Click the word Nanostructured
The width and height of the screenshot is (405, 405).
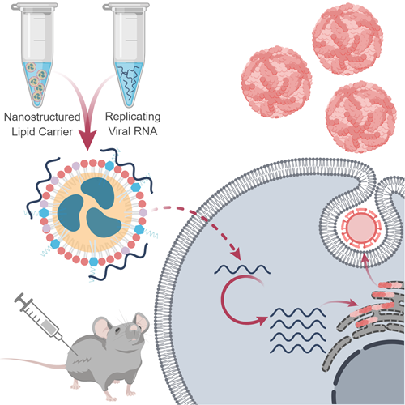point(42,117)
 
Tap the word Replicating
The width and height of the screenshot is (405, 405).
point(133,117)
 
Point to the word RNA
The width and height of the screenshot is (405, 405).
point(146,131)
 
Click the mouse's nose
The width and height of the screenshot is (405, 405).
point(134,328)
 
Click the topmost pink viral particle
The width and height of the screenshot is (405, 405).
point(347,40)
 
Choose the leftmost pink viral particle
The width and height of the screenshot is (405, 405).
point(276,82)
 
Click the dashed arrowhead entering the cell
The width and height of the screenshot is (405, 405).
point(235,254)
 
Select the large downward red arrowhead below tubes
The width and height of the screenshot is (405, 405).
point(87,139)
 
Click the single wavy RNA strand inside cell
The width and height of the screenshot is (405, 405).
point(242,270)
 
